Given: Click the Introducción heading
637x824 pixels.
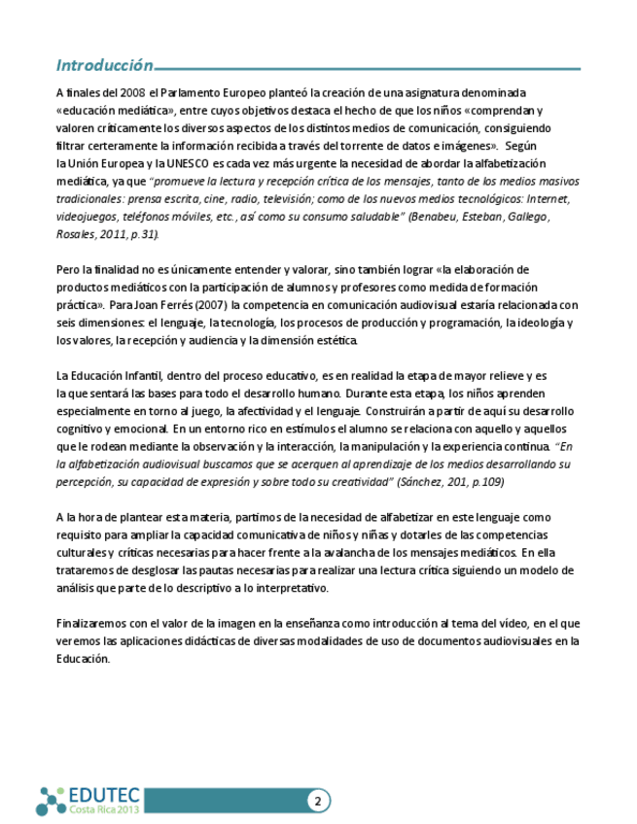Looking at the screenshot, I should click(x=104, y=66).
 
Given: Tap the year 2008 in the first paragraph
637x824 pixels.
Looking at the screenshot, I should click(x=134, y=92).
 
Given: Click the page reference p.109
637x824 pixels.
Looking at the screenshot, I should click(x=485, y=482).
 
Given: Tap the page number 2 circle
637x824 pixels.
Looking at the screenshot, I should click(x=318, y=801).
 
